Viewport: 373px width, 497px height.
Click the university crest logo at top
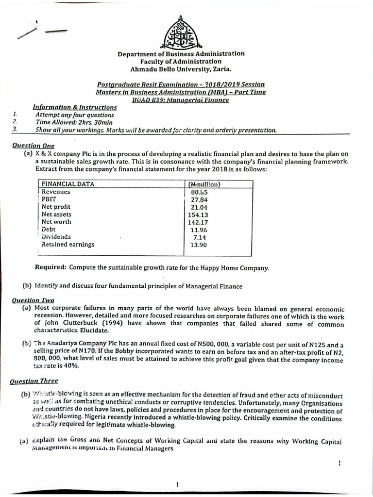tap(181, 33)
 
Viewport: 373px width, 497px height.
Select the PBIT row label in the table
tap(49, 199)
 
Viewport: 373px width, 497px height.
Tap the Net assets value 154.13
tap(198, 215)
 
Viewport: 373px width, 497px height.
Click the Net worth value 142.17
tap(198, 222)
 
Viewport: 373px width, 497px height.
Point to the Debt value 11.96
tap(199, 230)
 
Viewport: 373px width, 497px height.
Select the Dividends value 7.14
tap(200, 237)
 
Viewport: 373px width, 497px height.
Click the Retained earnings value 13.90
tap(199, 245)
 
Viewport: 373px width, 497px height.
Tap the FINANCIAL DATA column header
tap(68, 184)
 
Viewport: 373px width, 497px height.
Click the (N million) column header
tap(204, 184)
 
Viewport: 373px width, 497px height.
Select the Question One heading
tap(34, 145)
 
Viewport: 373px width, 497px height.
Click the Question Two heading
tap(33, 300)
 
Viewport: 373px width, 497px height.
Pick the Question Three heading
tap(35, 381)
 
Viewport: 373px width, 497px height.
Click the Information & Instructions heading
tap(74, 107)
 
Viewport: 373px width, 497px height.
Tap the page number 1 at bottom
tap(178, 484)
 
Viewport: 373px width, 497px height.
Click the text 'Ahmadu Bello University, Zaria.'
tap(181, 69)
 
